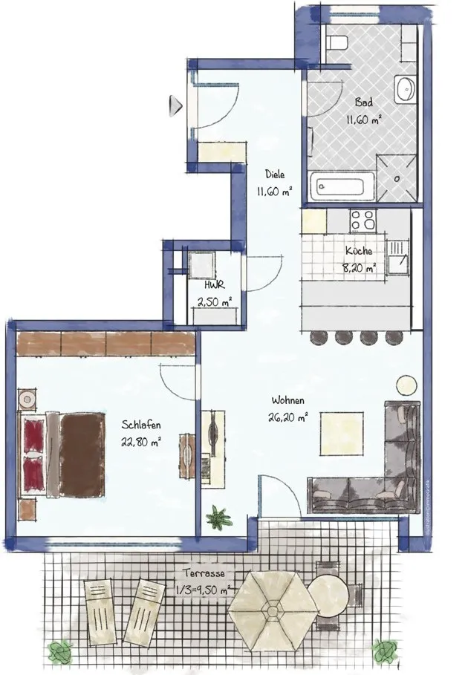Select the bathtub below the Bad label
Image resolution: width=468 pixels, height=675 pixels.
click(x=342, y=186)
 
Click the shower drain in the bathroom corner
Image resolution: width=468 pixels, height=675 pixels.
click(x=397, y=178)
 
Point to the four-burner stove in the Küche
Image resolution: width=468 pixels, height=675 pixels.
click(x=363, y=221)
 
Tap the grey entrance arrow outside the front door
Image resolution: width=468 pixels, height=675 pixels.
click(x=175, y=105)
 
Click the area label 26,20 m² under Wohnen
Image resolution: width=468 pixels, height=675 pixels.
click(x=287, y=417)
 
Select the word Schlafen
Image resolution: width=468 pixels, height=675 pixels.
click(x=141, y=425)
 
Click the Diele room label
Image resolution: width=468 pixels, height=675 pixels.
click(x=275, y=175)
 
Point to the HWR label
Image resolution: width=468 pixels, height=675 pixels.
click(x=214, y=284)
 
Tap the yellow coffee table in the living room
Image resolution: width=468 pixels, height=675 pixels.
click(x=342, y=434)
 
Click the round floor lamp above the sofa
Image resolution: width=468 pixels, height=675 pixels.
click(x=406, y=385)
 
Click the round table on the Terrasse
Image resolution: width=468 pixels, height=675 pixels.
click(x=328, y=596)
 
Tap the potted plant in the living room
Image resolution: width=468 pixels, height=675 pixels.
click(x=218, y=518)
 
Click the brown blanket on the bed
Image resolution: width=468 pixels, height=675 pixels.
click(x=82, y=454)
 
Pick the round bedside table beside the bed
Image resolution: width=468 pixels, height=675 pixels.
click(x=27, y=400)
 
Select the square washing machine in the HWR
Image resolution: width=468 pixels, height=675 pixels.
click(x=201, y=264)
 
